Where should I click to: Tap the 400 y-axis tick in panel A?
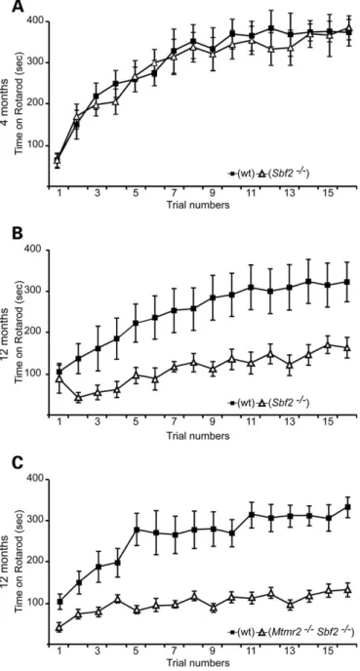(x=35, y=20)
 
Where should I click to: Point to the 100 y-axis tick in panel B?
(x=35, y=374)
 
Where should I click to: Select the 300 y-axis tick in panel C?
(x=35, y=521)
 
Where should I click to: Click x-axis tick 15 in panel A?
(x=330, y=193)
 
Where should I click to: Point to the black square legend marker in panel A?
(x=232, y=174)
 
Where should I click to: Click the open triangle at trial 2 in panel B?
(x=78, y=398)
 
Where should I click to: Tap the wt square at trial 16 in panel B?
(x=347, y=282)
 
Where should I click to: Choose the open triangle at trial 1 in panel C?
(x=60, y=628)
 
